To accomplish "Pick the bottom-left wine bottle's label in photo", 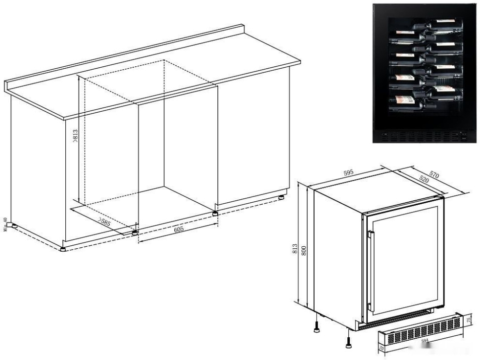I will [x=401, y=102].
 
